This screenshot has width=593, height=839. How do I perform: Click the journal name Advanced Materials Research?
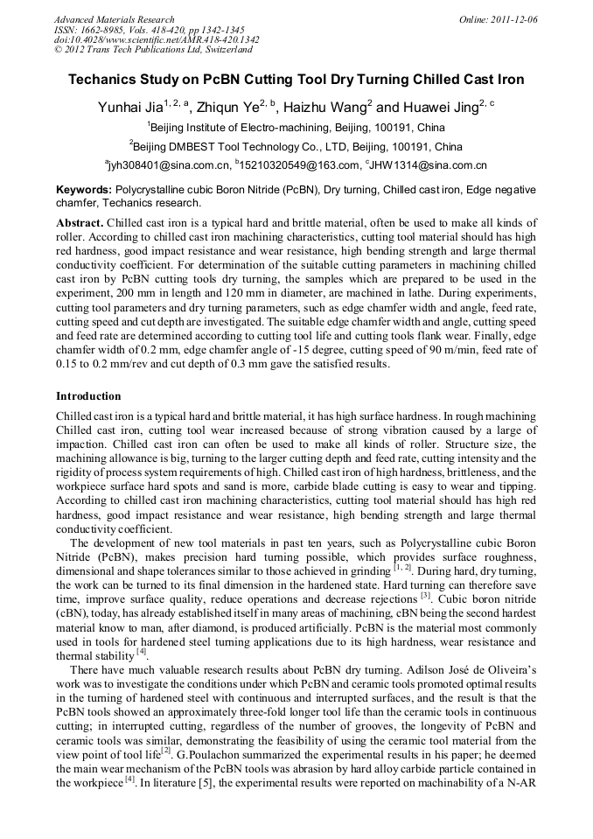114,19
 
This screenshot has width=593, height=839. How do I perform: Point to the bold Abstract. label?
80,223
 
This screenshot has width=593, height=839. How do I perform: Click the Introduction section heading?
88,396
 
